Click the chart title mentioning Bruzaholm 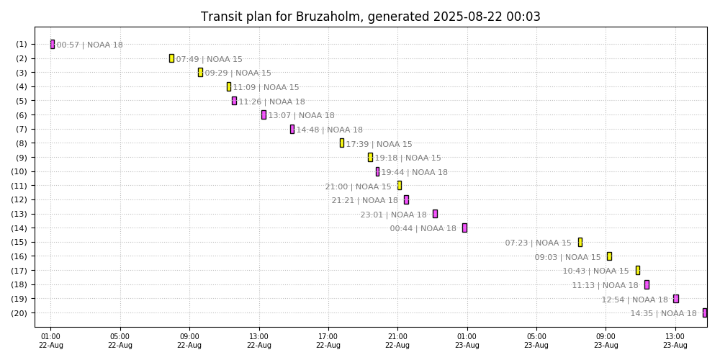click(370, 17)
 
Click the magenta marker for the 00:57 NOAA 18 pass click(53, 44)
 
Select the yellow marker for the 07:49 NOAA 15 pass click(171, 58)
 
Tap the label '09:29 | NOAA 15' click(238, 73)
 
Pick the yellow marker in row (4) click(229, 86)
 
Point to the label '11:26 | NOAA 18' click(271, 102)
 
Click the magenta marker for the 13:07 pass click(264, 114)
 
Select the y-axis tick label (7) click(21, 129)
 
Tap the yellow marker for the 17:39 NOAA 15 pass click(342, 143)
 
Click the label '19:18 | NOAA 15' click(408, 158)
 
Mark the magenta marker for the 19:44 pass click(377, 171)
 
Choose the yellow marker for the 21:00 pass click(400, 185)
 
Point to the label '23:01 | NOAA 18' click(393, 215)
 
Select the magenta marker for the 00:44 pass click(464, 228)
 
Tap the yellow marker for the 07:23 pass click(580, 242)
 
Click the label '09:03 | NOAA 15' click(567, 257)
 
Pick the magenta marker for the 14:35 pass click(705, 312)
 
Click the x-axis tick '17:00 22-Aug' click(328, 340)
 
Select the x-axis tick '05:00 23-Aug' click(536, 340)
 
